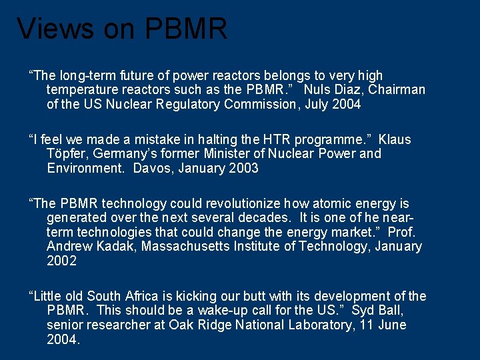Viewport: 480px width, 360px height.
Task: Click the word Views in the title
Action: coord(55,29)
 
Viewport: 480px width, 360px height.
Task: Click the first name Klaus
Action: coord(395,140)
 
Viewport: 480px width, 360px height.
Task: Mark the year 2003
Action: coord(243,169)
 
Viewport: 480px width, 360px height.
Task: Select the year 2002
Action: coord(62,261)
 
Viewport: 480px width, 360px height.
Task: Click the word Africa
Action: coord(143,296)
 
